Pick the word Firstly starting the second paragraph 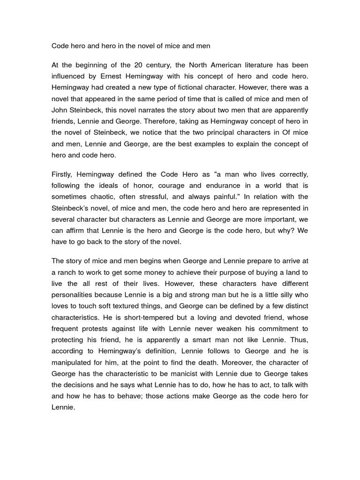(x=62, y=174)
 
